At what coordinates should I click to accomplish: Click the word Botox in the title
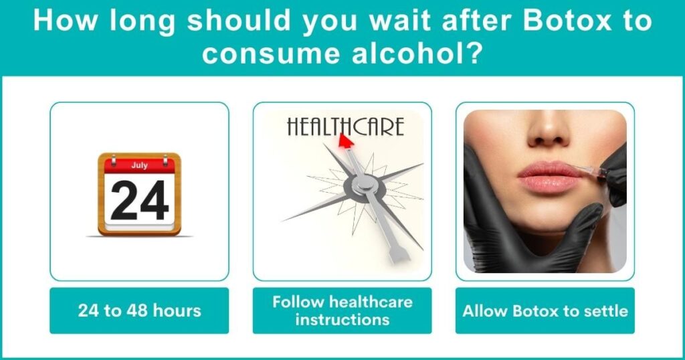[571, 22]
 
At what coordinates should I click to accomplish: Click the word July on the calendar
[139, 165]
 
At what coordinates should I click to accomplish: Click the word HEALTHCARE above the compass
[345, 126]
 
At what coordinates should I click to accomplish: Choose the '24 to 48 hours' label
[139, 310]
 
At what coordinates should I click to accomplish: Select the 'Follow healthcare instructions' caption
[342, 310]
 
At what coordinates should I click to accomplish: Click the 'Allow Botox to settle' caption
[545, 310]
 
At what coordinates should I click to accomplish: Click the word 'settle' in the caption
[604, 310]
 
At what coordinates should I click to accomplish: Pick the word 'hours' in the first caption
[177, 310]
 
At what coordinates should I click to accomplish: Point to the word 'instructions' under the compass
[342, 319]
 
